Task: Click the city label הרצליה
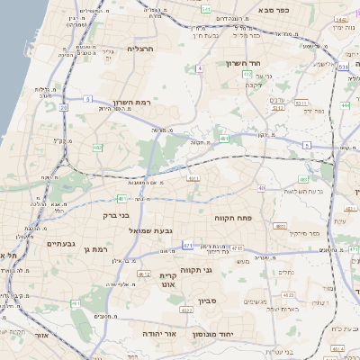tap(142, 49)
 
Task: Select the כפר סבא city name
tap(273, 9)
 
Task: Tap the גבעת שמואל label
tap(161, 231)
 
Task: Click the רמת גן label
tap(94, 248)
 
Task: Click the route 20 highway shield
tap(64, 108)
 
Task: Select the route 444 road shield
tap(346, 105)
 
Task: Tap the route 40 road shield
tap(261, 188)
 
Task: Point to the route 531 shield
tap(344, 67)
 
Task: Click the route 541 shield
tap(206, 10)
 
